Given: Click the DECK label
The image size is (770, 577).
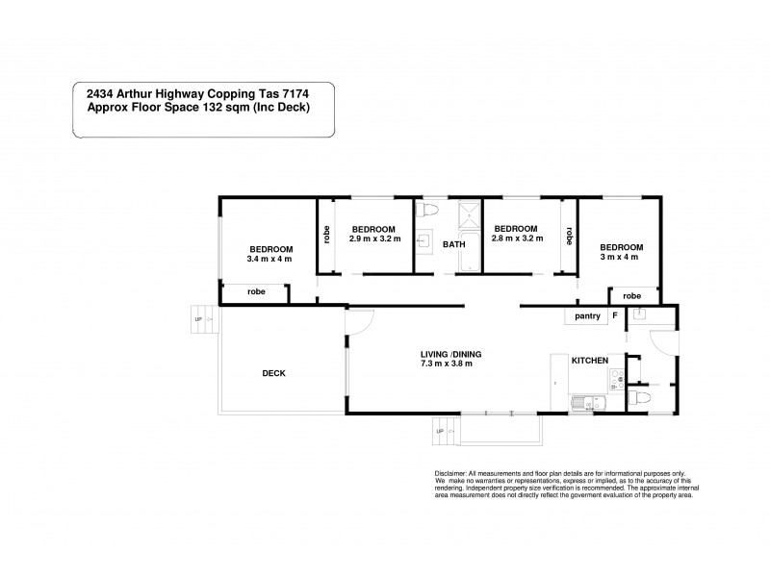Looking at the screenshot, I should (x=273, y=373).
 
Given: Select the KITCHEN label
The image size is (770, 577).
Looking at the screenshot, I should (x=589, y=360).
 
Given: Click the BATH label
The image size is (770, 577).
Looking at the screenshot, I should (x=453, y=244).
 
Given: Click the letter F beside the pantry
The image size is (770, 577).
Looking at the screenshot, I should (x=614, y=315).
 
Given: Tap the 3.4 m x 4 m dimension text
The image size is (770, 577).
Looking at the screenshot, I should (x=269, y=259).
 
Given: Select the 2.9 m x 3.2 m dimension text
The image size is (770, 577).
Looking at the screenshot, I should (x=372, y=238).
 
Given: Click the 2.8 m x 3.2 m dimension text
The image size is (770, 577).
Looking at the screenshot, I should (x=517, y=238).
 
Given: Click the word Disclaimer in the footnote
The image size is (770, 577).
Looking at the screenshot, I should (x=451, y=474).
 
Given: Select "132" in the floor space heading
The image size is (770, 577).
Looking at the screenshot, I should (x=217, y=107).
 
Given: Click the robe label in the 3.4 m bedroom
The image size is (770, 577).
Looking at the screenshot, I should (x=256, y=291).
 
